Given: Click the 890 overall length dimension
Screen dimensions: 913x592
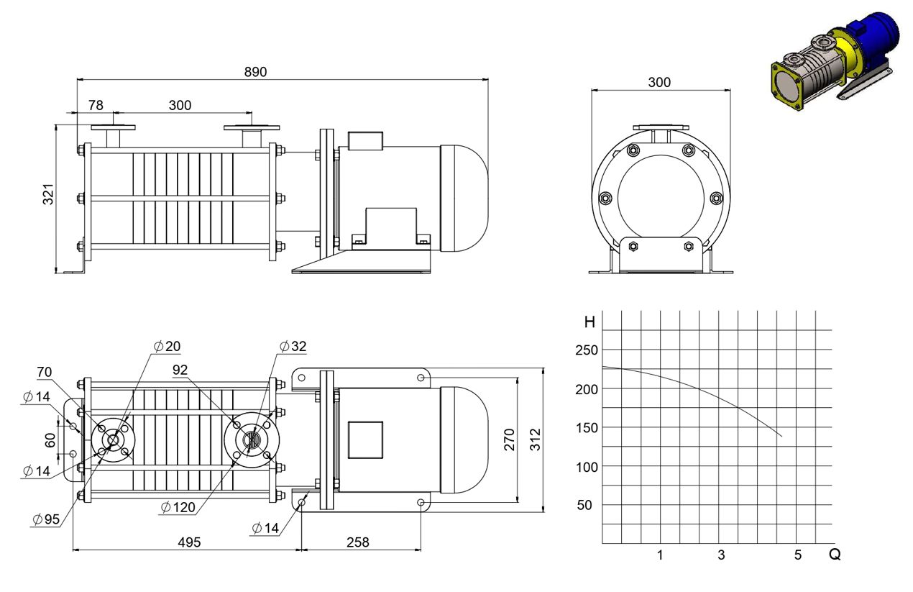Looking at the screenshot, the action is coord(255,72).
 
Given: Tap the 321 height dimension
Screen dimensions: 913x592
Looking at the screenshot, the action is coord(48,194).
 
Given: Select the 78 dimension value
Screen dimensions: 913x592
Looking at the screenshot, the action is coord(96,105).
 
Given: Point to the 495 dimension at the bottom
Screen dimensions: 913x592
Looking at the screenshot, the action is coord(189,542).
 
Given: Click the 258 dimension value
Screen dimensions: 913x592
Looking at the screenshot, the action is coord(357,542).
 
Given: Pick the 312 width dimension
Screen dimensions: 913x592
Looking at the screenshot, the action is coord(535,439).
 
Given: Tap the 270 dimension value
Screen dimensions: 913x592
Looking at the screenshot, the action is coord(509,439).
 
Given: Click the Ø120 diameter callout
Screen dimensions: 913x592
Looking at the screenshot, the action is coord(178,507).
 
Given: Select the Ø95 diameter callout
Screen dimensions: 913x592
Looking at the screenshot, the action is coord(46,519).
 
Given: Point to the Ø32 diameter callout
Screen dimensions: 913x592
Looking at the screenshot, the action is coord(293,346).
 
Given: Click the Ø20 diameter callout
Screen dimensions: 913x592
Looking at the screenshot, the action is coord(167,346).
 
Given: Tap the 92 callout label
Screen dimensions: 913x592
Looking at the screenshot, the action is coord(180,370).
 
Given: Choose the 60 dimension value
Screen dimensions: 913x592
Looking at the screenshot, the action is coord(50,440).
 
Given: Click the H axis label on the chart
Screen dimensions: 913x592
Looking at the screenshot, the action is coord(589,322).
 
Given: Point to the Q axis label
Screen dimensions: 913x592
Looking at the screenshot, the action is coord(835,554).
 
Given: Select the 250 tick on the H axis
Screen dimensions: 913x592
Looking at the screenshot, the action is coord(587,350).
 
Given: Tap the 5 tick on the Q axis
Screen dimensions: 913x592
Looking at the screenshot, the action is coord(798,555).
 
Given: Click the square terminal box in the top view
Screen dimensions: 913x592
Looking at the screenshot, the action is coord(365,440).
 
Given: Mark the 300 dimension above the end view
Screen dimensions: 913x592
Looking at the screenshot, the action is coord(659,82).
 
